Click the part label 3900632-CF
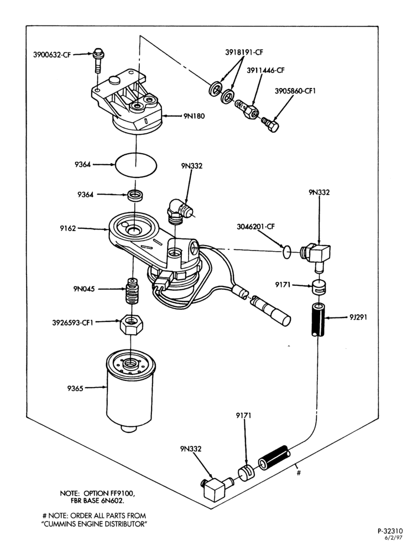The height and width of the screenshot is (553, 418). click(52, 55)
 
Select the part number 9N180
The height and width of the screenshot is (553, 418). click(194, 116)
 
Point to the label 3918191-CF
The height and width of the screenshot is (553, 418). click(244, 53)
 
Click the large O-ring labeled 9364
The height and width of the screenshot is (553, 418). click(136, 164)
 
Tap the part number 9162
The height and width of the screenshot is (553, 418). click(67, 228)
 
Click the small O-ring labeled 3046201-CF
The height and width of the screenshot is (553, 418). click(287, 252)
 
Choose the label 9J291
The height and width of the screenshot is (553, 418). click(358, 317)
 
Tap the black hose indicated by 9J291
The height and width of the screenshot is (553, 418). click(318, 320)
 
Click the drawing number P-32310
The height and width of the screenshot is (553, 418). click(390, 531)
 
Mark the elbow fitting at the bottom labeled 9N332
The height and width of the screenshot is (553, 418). click(215, 488)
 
